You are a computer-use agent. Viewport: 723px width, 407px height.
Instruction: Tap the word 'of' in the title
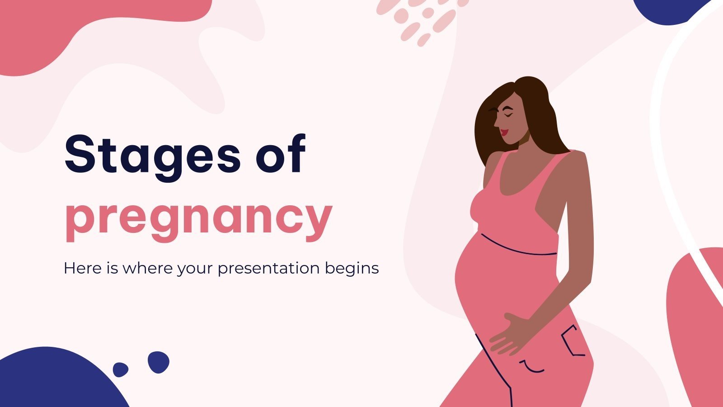281,153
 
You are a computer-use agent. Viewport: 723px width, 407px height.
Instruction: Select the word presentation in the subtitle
268,269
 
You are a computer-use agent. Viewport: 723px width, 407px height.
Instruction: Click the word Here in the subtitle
83,268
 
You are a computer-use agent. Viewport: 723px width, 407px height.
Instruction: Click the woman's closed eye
508,114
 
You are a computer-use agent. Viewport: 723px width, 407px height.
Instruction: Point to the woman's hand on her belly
510,334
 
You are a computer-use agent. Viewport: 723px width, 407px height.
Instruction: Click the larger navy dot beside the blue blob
159,362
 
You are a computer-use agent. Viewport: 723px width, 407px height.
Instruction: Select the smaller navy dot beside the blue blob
120,369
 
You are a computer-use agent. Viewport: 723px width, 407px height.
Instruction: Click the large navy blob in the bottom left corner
55,381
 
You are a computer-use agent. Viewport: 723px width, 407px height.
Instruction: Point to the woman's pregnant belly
494,284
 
